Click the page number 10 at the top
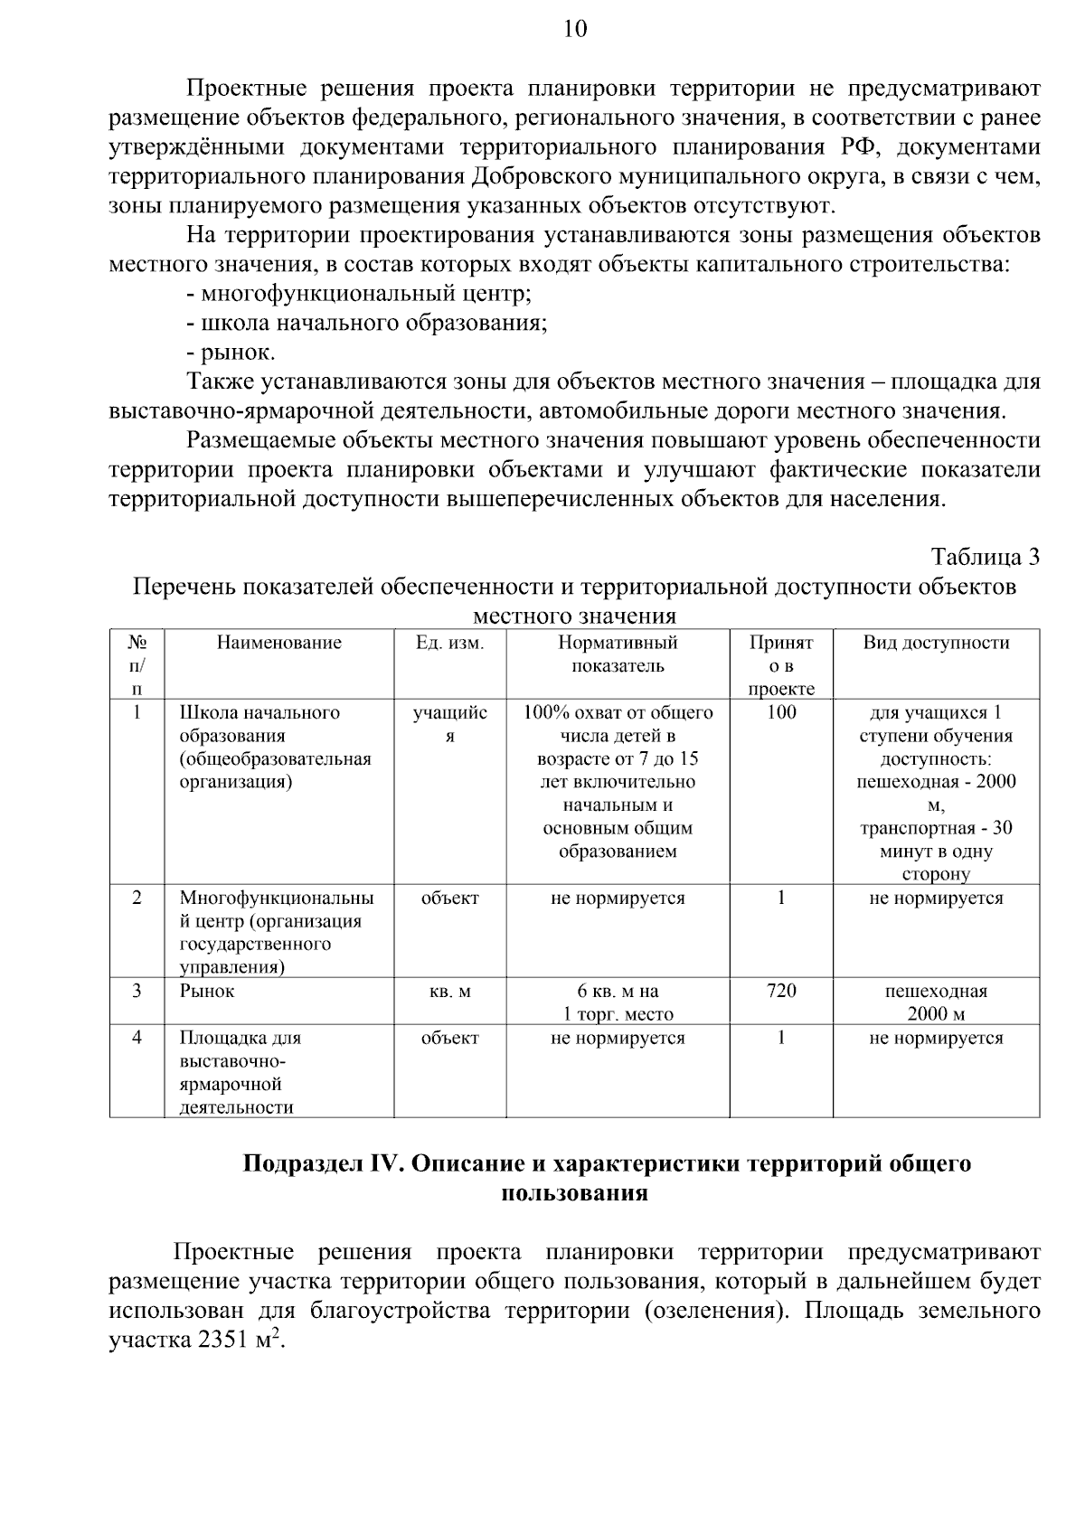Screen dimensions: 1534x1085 [575, 30]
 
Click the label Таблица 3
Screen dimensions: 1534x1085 [985, 557]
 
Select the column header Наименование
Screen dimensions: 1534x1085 [278, 643]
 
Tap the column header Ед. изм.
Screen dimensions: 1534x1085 [449, 643]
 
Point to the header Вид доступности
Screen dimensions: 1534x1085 [936, 643]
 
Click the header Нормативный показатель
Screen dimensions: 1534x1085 [618, 654]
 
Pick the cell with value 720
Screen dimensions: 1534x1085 [780, 991]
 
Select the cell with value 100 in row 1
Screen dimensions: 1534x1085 [780, 712]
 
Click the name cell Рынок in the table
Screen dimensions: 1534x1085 [207, 991]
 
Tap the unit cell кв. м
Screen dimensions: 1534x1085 [449, 992]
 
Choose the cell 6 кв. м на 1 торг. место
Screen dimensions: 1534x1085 [618, 1002]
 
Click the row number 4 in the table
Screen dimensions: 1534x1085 [137, 1038]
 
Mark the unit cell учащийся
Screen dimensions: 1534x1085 [449, 724]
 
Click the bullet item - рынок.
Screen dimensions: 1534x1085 [231, 353]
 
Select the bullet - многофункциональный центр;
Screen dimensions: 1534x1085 [358, 294]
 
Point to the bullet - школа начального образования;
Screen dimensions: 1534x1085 [366, 324]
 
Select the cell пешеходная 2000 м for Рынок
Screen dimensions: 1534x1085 [936, 1002]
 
